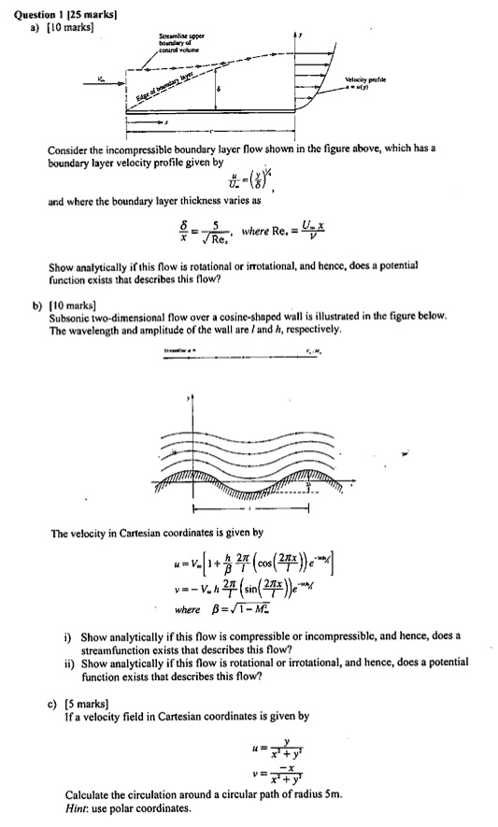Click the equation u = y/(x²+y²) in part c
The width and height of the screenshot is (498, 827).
tap(280, 750)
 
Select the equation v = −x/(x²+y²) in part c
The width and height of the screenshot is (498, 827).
tap(280, 775)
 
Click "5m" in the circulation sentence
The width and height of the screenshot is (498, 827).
tap(333, 795)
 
